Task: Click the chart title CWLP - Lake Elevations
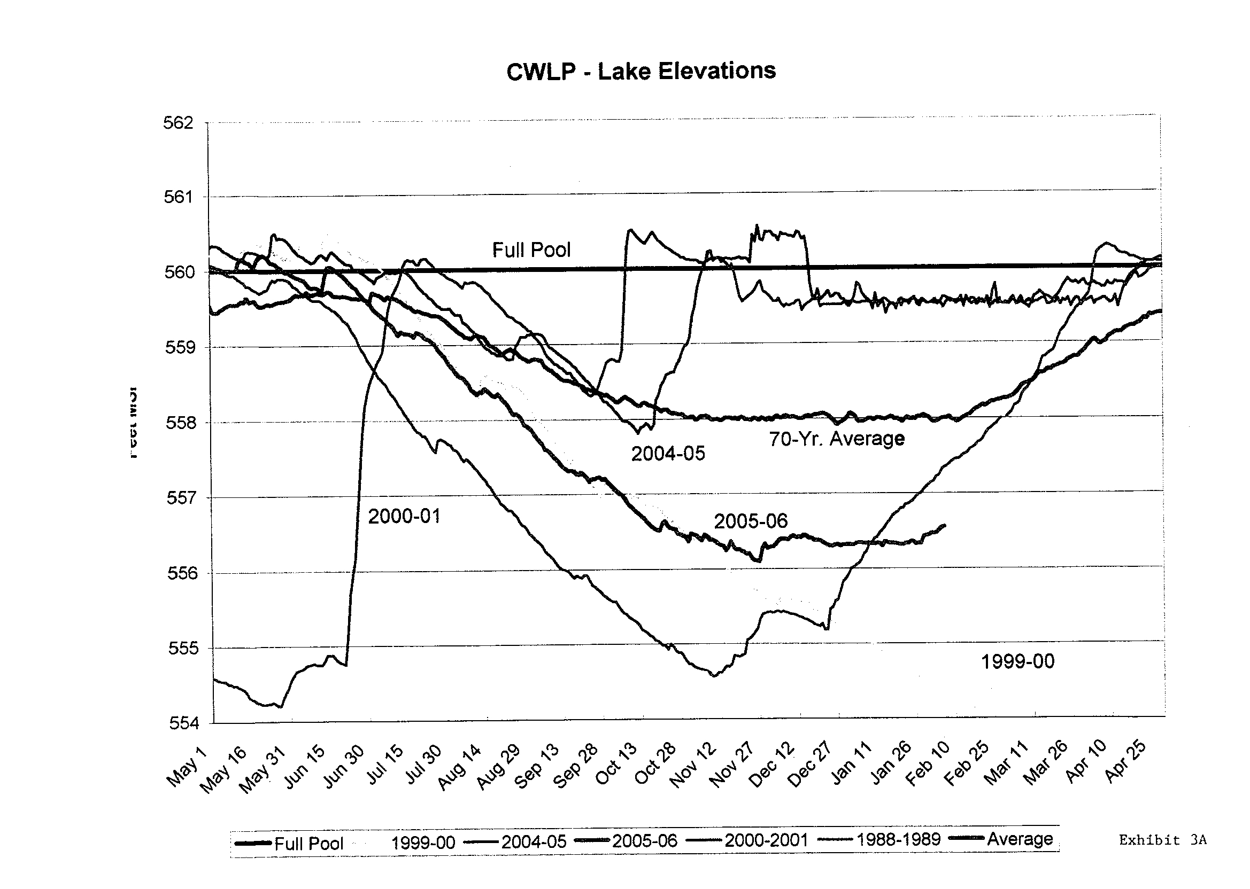coord(641,71)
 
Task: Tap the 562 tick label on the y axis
coord(179,123)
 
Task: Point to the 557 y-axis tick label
coord(181,497)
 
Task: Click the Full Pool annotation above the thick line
coord(531,250)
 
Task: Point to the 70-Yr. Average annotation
coord(836,439)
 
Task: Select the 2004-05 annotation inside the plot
coord(668,453)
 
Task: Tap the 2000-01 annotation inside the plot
coord(404,516)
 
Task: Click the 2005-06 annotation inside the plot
coord(751,521)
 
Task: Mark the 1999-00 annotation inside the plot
coord(1017,661)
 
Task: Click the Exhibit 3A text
coord(1162,840)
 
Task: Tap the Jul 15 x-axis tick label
coord(384,765)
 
